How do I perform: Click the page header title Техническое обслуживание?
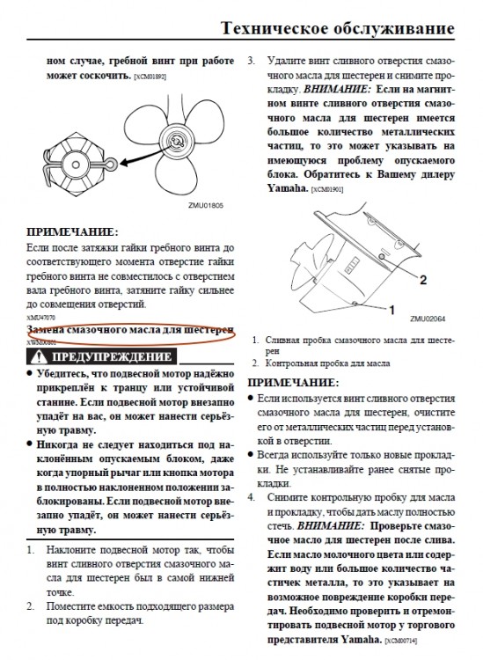point(339,30)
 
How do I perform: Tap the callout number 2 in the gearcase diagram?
point(422,279)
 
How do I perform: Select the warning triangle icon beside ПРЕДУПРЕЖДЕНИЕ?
point(39,356)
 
